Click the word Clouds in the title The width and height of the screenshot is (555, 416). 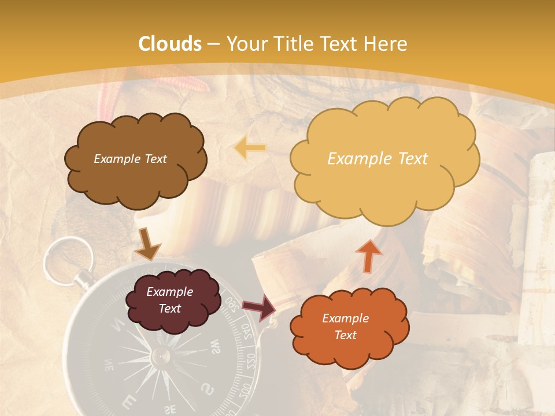[x=171, y=44]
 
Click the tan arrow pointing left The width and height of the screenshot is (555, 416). [x=250, y=148]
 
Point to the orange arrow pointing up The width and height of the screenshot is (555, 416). [x=368, y=255]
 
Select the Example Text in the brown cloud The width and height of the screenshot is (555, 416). [x=130, y=159]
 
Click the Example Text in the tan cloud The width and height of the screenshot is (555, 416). [x=378, y=159]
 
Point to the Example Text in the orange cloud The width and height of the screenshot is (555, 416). [x=345, y=326]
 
